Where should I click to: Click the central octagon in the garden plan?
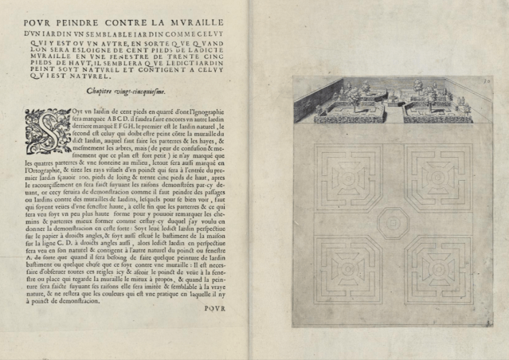click(391, 220)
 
